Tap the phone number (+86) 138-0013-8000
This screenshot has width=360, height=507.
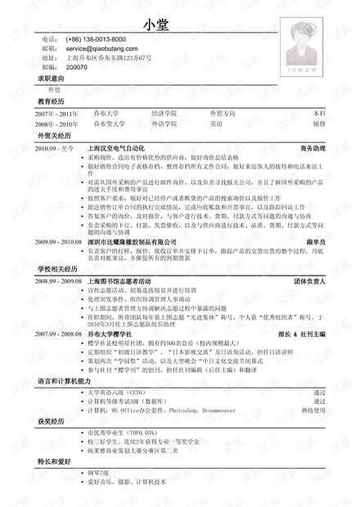[x=95, y=39]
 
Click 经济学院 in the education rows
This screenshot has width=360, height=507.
[x=164, y=113]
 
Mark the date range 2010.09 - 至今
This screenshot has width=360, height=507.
[x=55, y=150]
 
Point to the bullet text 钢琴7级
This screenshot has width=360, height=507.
[x=101, y=473]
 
